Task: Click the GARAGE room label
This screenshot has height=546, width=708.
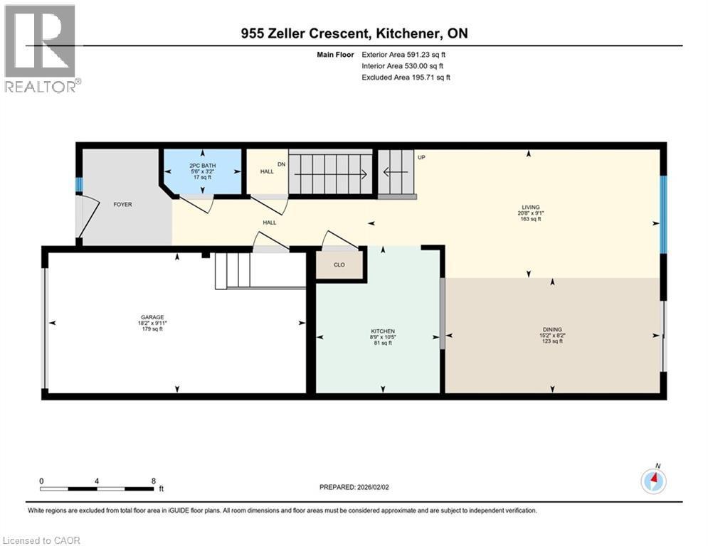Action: [x=152, y=317]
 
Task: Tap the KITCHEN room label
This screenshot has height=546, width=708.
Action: [x=382, y=331]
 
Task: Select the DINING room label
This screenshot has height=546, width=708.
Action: [x=552, y=330]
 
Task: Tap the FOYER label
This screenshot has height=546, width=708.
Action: [x=122, y=204]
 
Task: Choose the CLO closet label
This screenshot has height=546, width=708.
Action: [x=339, y=264]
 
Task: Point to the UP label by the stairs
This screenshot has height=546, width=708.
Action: [x=421, y=157]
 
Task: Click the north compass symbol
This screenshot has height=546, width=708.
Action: [x=652, y=481]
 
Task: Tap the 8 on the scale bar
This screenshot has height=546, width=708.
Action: [x=154, y=481]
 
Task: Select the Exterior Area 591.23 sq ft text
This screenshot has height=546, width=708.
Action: [x=406, y=54]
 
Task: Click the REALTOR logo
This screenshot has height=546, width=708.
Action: [x=42, y=48]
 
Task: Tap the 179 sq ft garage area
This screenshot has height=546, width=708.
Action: [x=152, y=329]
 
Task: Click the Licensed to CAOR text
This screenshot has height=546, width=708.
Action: [x=42, y=540]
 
